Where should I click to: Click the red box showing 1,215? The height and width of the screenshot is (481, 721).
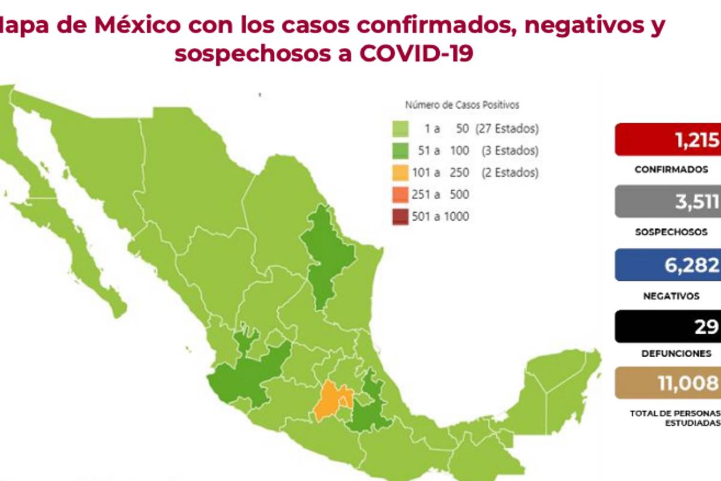[x=667, y=139]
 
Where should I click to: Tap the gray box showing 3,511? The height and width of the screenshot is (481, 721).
[x=667, y=201]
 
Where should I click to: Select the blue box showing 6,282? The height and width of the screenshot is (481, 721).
[x=667, y=265]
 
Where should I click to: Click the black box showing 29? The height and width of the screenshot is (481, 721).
[x=667, y=326]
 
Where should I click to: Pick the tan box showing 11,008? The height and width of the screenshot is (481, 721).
[x=667, y=383]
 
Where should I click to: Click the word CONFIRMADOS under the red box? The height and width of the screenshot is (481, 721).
[x=671, y=170]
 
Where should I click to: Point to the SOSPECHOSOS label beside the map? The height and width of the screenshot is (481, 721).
[x=671, y=232]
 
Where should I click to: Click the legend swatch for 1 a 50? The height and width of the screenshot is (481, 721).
[x=401, y=129]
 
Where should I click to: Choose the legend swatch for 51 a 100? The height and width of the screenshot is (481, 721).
[x=401, y=150]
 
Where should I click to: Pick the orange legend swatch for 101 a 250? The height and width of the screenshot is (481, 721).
[x=401, y=173]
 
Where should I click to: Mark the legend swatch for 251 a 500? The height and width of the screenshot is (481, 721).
[x=401, y=194]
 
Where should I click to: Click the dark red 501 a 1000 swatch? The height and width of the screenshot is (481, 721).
[x=401, y=216]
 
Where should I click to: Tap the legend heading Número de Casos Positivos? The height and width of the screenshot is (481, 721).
[x=461, y=105]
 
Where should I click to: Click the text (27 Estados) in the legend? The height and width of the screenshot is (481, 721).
[x=506, y=129]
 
